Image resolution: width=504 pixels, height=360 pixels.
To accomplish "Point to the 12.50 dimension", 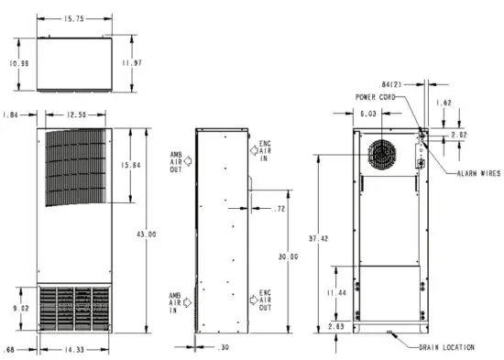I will click(x=75, y=115).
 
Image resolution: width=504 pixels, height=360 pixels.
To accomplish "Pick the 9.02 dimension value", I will click(x=20, y=309).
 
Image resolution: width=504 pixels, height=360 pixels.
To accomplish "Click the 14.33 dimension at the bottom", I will click(x=76, y=349).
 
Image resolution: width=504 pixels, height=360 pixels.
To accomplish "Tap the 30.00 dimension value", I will click(x=288, y=257).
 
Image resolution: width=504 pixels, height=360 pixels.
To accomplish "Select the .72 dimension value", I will click(x=279, y=210).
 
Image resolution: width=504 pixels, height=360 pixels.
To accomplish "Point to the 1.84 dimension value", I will click(x=12, y=115).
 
